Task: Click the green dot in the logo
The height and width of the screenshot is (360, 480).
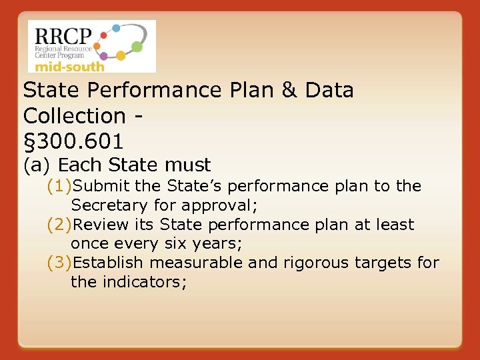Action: coord(137,47)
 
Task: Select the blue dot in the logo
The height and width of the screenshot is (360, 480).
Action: coord(116,28)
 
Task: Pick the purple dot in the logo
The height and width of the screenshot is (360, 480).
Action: coord(105,56)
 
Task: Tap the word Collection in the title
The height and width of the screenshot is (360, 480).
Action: coord(74,115)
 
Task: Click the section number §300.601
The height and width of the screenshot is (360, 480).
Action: coord(73,141)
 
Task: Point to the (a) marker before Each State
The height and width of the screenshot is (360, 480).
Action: coord(37,165)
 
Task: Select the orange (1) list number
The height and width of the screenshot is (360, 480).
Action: coord(59,186)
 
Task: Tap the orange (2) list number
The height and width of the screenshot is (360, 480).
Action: coord(59,225)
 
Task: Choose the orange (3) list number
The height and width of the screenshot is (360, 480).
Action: coord(59,263)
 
